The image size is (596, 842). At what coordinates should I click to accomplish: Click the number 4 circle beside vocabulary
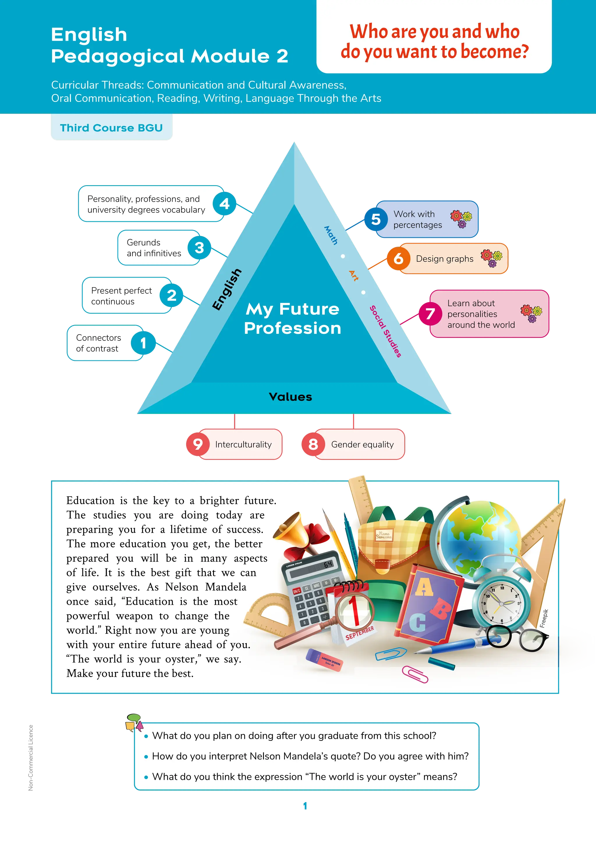[x=224, y=204]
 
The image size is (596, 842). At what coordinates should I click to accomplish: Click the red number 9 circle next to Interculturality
[x=198, y=444]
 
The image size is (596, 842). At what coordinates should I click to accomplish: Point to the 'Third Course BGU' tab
[x=111, y=128]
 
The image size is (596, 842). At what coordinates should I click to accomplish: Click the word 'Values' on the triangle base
[x=290, y=397]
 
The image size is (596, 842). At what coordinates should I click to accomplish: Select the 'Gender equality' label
[x=362, y=445]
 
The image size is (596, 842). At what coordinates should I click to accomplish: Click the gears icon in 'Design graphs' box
[x=492, y=258]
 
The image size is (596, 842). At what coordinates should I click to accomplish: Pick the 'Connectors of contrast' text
[x=98, y=343]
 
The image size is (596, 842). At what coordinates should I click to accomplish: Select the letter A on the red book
[x=424, y=587]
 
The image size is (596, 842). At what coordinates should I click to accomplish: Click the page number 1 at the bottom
[x=305, y=806]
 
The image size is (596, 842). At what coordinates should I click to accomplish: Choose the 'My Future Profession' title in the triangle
[x=292, y=318]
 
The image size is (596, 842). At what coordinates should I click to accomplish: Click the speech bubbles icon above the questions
[x=134, y=723]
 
